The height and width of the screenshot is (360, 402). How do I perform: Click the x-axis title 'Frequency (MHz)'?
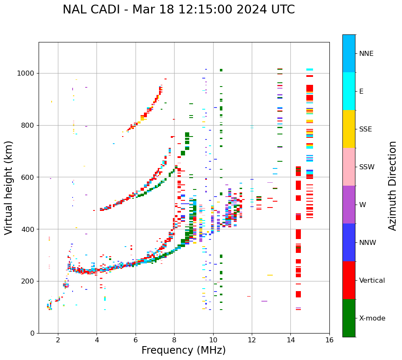[x=183, y=350]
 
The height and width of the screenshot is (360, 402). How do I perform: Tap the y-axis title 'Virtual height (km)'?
[x=9, y=188]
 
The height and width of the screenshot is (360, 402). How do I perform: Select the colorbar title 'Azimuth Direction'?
[x=392, y=186]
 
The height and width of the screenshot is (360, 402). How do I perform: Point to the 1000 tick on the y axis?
[x=26, y=74]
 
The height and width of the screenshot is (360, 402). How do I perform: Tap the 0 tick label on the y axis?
[x=32, y=333]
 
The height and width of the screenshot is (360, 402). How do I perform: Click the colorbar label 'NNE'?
[x=366, y=54]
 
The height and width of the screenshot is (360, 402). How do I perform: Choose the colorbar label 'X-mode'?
[x=372, y=318]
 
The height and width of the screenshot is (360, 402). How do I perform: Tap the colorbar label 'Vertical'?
[x=372, y=281]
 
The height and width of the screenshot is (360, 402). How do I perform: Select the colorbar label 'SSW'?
[x=367, y=167]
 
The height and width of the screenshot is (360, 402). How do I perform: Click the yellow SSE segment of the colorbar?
[x=349, y=129]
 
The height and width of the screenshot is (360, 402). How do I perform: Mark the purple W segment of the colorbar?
[x=349, y=205]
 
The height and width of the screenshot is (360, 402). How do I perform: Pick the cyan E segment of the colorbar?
[x=349, y=91]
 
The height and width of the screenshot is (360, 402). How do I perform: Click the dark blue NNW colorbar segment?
[x=349, y=242]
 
